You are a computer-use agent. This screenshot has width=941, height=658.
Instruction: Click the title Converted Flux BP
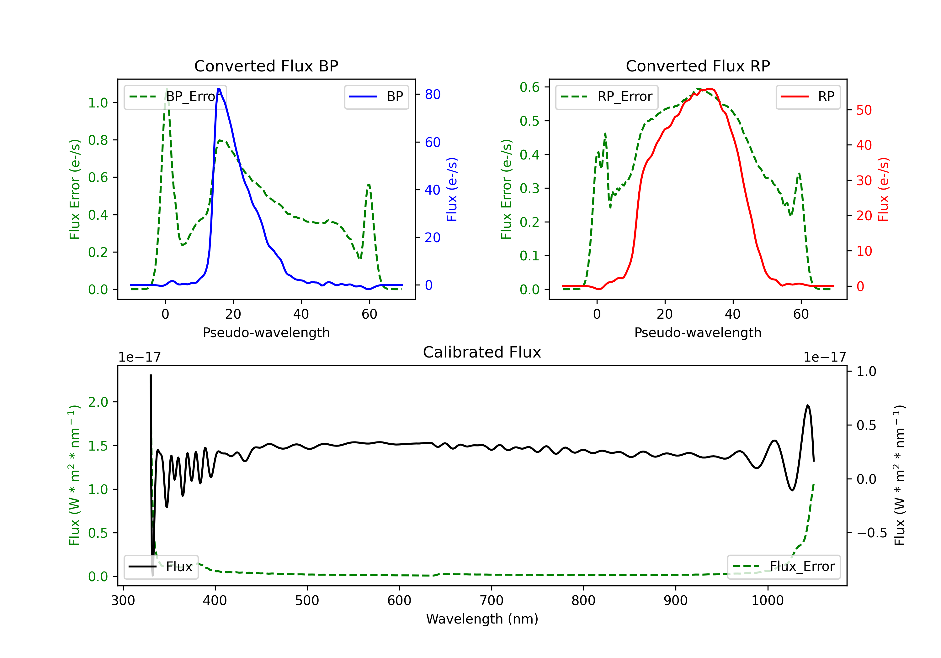266,66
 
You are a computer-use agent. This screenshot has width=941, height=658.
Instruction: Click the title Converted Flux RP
698,66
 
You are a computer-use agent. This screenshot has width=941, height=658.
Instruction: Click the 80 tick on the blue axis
432,95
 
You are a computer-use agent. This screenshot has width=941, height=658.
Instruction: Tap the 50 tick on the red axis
864,110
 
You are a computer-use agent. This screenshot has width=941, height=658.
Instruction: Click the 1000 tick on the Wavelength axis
767,601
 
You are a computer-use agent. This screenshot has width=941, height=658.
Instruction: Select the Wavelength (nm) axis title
482,619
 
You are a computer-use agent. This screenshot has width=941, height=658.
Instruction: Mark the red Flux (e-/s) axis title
883,189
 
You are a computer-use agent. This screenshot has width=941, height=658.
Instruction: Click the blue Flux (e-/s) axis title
452,189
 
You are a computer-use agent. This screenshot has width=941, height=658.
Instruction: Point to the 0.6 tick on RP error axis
529,87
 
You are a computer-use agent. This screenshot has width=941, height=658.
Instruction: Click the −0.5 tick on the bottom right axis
871,533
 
